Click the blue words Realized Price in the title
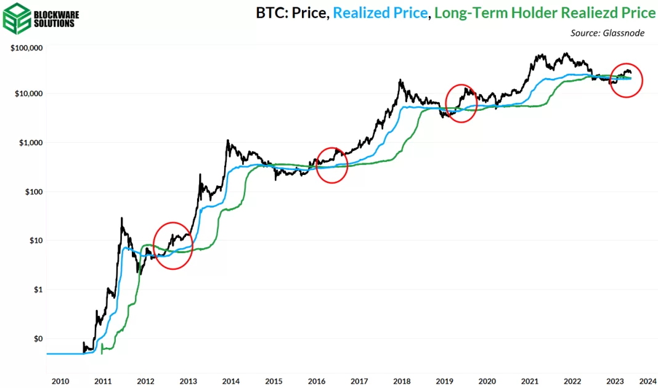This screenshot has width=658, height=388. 380,13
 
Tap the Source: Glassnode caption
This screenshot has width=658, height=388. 607,33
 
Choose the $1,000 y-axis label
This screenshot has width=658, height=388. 30,143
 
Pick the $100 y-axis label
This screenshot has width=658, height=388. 32,192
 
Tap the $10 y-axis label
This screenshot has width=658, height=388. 35,240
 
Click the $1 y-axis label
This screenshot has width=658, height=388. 36,289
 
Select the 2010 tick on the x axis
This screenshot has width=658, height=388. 60,381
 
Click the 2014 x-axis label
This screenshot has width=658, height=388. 230,381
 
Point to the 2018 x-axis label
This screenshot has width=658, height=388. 402,381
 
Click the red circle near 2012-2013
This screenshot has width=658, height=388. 173,245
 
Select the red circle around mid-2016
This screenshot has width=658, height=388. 332,165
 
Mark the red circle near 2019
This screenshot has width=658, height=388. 461,103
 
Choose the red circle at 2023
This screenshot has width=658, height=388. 626,80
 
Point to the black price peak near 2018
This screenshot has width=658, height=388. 401,79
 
